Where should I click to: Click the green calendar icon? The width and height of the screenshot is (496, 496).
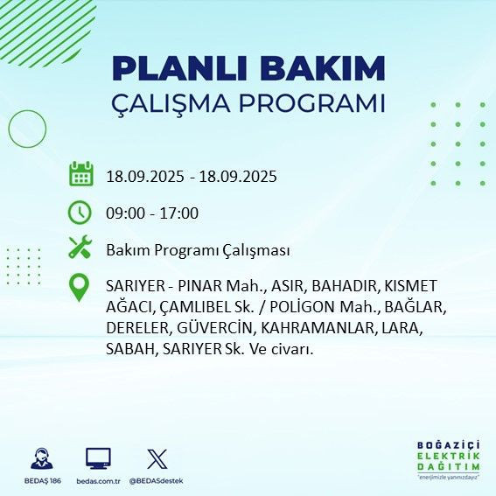tap(80, 175)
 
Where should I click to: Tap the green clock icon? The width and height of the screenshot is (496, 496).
tap(80, 213)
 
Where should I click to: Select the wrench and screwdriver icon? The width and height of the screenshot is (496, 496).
tap(80, 249)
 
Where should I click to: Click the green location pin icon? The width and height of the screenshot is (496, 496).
tap(80, 289)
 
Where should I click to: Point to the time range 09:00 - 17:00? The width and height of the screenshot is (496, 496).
tap(152, 213)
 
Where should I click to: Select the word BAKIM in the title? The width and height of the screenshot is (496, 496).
tap(332, 68)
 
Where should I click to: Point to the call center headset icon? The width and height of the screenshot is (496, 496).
tap(40, 459)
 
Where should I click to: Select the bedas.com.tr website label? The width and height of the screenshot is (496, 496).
tap(98, 481)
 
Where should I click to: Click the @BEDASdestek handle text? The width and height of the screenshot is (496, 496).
tap(157, 481)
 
